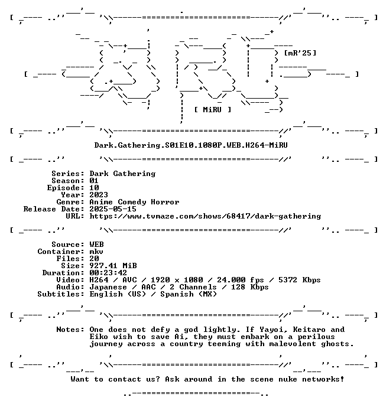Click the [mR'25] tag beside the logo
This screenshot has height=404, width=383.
[x=300, y=53]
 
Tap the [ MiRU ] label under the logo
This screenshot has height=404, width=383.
[x=213, y=110]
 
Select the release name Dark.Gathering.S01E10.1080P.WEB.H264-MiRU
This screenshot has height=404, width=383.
[x=191, y=145]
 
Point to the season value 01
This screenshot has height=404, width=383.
[x=94, y=181]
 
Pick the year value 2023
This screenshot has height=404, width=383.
[x=99, y=195]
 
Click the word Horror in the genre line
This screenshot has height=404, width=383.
[x=165, y=202]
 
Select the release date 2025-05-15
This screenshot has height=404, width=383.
[x=113, y=209]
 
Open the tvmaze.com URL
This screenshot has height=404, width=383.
[x=205, y=216]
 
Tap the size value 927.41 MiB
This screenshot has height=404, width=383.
[x=113, y=266]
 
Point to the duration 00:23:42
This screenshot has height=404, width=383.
[x=108, y=273]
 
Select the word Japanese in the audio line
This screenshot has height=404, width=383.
[x=108, y=287]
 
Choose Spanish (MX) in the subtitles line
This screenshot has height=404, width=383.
[x=189, y=294]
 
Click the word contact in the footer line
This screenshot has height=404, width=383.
[x=125, y=379]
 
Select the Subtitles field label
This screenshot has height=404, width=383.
[x=61, y=294]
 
